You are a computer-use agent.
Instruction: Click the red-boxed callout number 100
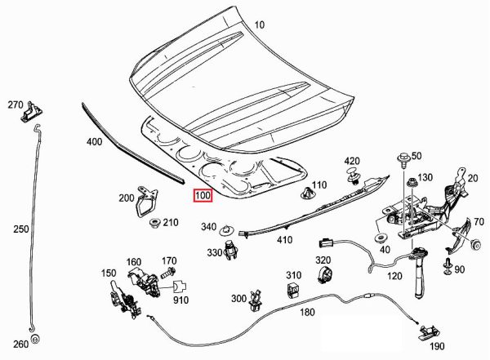(202, 196)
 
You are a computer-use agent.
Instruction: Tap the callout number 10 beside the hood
(259, 25)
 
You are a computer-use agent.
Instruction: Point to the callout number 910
(180, 300)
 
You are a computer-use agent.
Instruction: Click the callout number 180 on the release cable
(308, 313)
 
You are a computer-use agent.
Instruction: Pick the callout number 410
(284, 240)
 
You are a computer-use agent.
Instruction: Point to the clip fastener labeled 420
(354, 176)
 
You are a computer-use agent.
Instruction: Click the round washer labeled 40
(380, 238)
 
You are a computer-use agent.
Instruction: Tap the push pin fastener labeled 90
(448, 265)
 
